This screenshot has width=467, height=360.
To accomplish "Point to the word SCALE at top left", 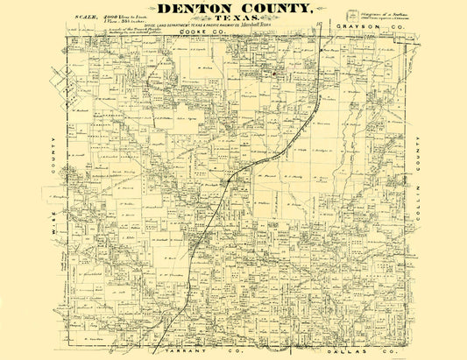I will (x=87, y=17).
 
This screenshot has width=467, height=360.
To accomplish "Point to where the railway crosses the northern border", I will (x=328, y=31).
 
